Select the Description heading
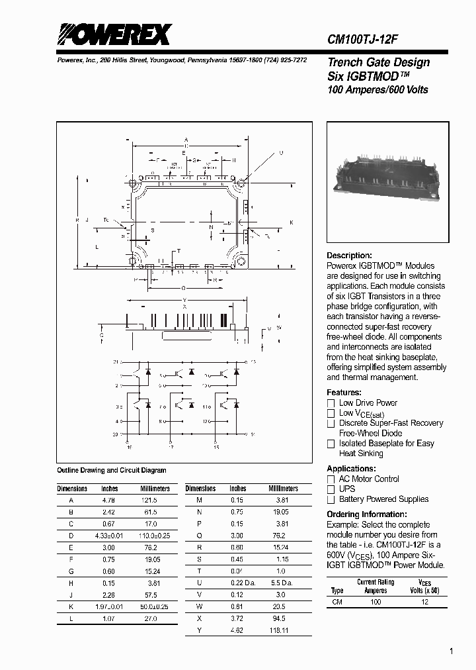(x=350, y=256)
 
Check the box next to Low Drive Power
(x=331, y=403)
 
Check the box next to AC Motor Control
(x=331, y=479)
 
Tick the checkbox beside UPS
(x=331, y=489)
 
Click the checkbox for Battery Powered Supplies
(x=331, y=500)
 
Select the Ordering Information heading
(x=367, y=514)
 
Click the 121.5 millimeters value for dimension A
(x=150, y=501)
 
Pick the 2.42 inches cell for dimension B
(x=109, y=512)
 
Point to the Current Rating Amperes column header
(x=376, y=586)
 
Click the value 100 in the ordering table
(x=376, y=602)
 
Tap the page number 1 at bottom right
(x=451, y=651)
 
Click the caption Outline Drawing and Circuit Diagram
(x=112, y=471)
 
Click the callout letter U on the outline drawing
(x=280, y=153)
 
